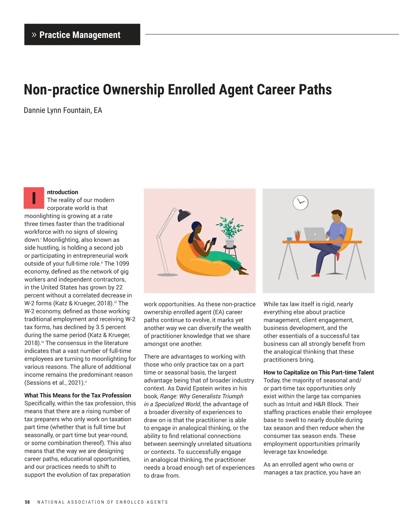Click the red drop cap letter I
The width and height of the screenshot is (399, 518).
coord(34,198)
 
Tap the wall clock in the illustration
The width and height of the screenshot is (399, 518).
coord(301,202)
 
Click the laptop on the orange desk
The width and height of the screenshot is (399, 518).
coord(314,234)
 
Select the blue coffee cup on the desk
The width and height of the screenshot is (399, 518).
coord(290,238)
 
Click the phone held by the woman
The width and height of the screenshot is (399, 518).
coord(214,240)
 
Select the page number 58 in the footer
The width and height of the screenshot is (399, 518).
coord(27,502)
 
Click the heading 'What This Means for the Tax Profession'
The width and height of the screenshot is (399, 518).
coord(78,395)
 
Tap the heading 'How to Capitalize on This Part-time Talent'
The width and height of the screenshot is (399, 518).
coord(319,372)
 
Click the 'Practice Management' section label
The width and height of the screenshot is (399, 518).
coord(80,35)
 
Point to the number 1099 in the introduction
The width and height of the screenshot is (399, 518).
coord(122,264)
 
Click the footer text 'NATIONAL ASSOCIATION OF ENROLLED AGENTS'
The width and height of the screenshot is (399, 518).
coord(102,502)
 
